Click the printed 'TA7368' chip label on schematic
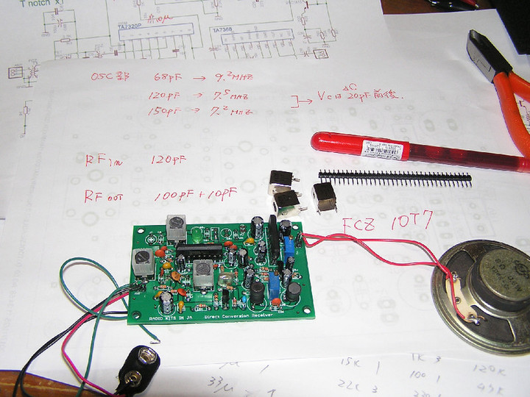point(222,30)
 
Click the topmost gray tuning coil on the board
point(176,227)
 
